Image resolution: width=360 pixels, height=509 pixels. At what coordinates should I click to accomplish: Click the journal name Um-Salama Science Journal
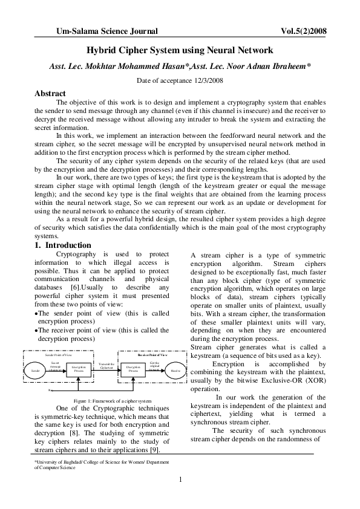coord(106,30)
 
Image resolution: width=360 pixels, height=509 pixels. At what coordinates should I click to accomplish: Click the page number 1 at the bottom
coord(180,480)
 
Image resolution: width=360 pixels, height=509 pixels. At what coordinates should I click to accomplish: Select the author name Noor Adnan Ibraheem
coord(264,66)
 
